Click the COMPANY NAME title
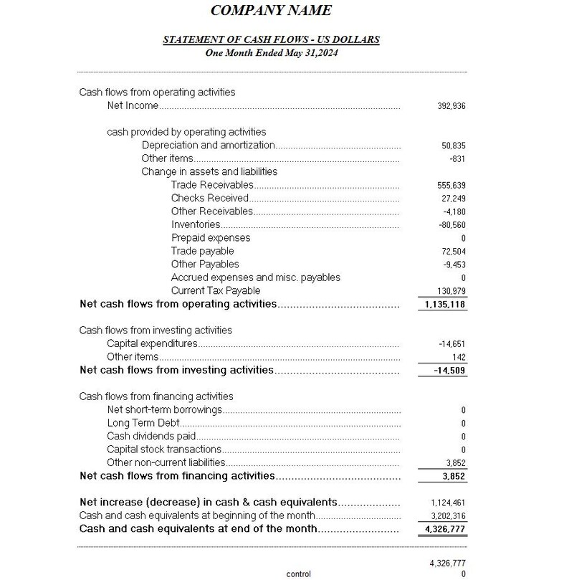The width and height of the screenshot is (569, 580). [x=271, y=10]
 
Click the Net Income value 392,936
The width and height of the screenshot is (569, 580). [x=451, y=106]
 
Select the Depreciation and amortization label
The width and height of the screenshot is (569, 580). [x=208, y=146]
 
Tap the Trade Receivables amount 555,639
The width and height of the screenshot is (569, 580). [x=451, y=186]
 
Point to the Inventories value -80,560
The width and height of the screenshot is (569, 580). [x=451, y=225]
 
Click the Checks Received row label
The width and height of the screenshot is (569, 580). [x=209, y=199]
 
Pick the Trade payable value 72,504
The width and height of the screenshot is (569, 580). [x=454, y=252]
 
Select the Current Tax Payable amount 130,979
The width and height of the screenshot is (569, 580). [x=451, y=291]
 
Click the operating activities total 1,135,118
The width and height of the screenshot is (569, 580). [x=444, y=305]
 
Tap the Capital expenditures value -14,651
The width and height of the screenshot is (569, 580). [x=453, y=344]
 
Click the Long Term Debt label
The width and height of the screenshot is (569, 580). [x=143, y=424]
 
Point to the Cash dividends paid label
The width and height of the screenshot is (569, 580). [x=151, y=437]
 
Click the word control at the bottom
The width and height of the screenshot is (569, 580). [x=298, y=574]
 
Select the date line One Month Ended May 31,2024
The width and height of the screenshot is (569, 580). [x=272, y=53]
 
